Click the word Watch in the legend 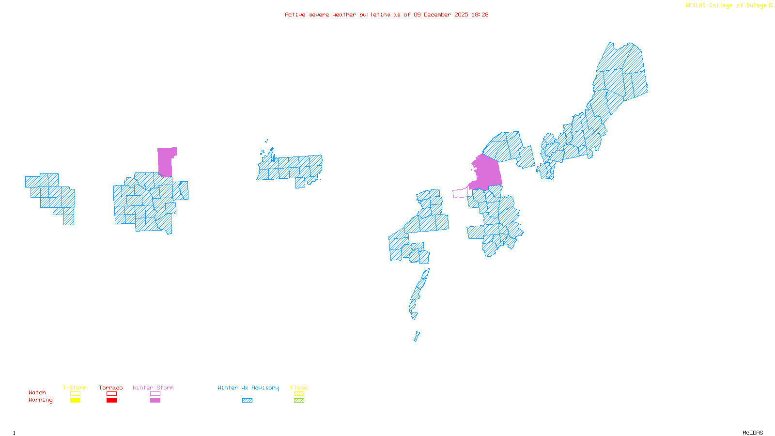37,392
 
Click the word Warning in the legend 40,400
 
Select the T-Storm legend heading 75,388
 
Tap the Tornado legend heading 111,388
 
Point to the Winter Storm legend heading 153,388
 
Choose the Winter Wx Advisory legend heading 248,388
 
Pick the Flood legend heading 299,388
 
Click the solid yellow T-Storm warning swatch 75,401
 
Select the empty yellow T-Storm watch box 75,394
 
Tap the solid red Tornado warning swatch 112,401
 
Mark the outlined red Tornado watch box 112,394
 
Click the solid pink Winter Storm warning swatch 155,401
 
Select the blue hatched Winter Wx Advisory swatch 248,401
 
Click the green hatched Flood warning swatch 299,401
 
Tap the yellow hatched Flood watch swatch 299,394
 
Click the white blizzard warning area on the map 418,322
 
